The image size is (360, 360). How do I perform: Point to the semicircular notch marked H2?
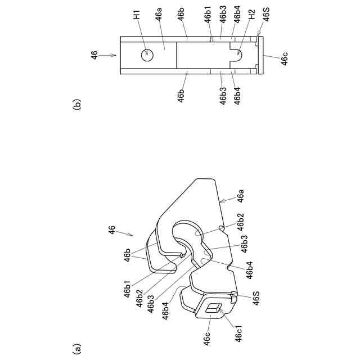pos(237,55)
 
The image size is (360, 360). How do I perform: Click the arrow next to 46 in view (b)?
pos(109,55)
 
